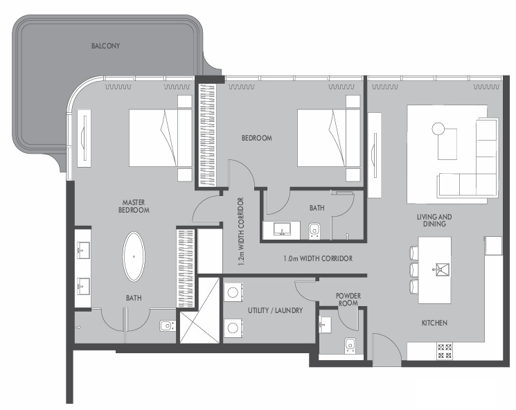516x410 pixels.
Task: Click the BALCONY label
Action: coord(106,46)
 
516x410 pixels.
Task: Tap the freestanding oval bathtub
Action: coord(134,257)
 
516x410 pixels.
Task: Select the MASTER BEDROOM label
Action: coord(134,206)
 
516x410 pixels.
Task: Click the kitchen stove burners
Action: coord(444,351)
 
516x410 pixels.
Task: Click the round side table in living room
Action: coord(438,129)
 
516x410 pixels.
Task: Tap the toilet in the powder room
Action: coord(350,346)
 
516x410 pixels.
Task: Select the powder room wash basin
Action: coord(325,324)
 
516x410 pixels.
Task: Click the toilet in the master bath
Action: coord(168,326)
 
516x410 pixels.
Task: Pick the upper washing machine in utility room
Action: coord(233,292)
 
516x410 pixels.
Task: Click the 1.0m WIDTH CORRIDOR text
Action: coord(318,258)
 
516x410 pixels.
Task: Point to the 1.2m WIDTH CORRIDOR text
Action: coord(240,231)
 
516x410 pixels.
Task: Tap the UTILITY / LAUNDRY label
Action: coord(275,310)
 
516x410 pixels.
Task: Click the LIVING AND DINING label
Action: coord(434,220)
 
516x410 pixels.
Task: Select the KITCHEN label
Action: coord(434,323)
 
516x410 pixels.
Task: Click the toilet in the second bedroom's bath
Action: coord(314,231)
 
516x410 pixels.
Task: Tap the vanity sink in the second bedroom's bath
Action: coord(282,229)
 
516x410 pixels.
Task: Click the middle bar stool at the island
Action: coord(414,270)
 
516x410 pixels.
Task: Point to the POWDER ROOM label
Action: coord(348,299)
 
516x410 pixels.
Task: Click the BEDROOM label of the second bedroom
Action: coord(257,138)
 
